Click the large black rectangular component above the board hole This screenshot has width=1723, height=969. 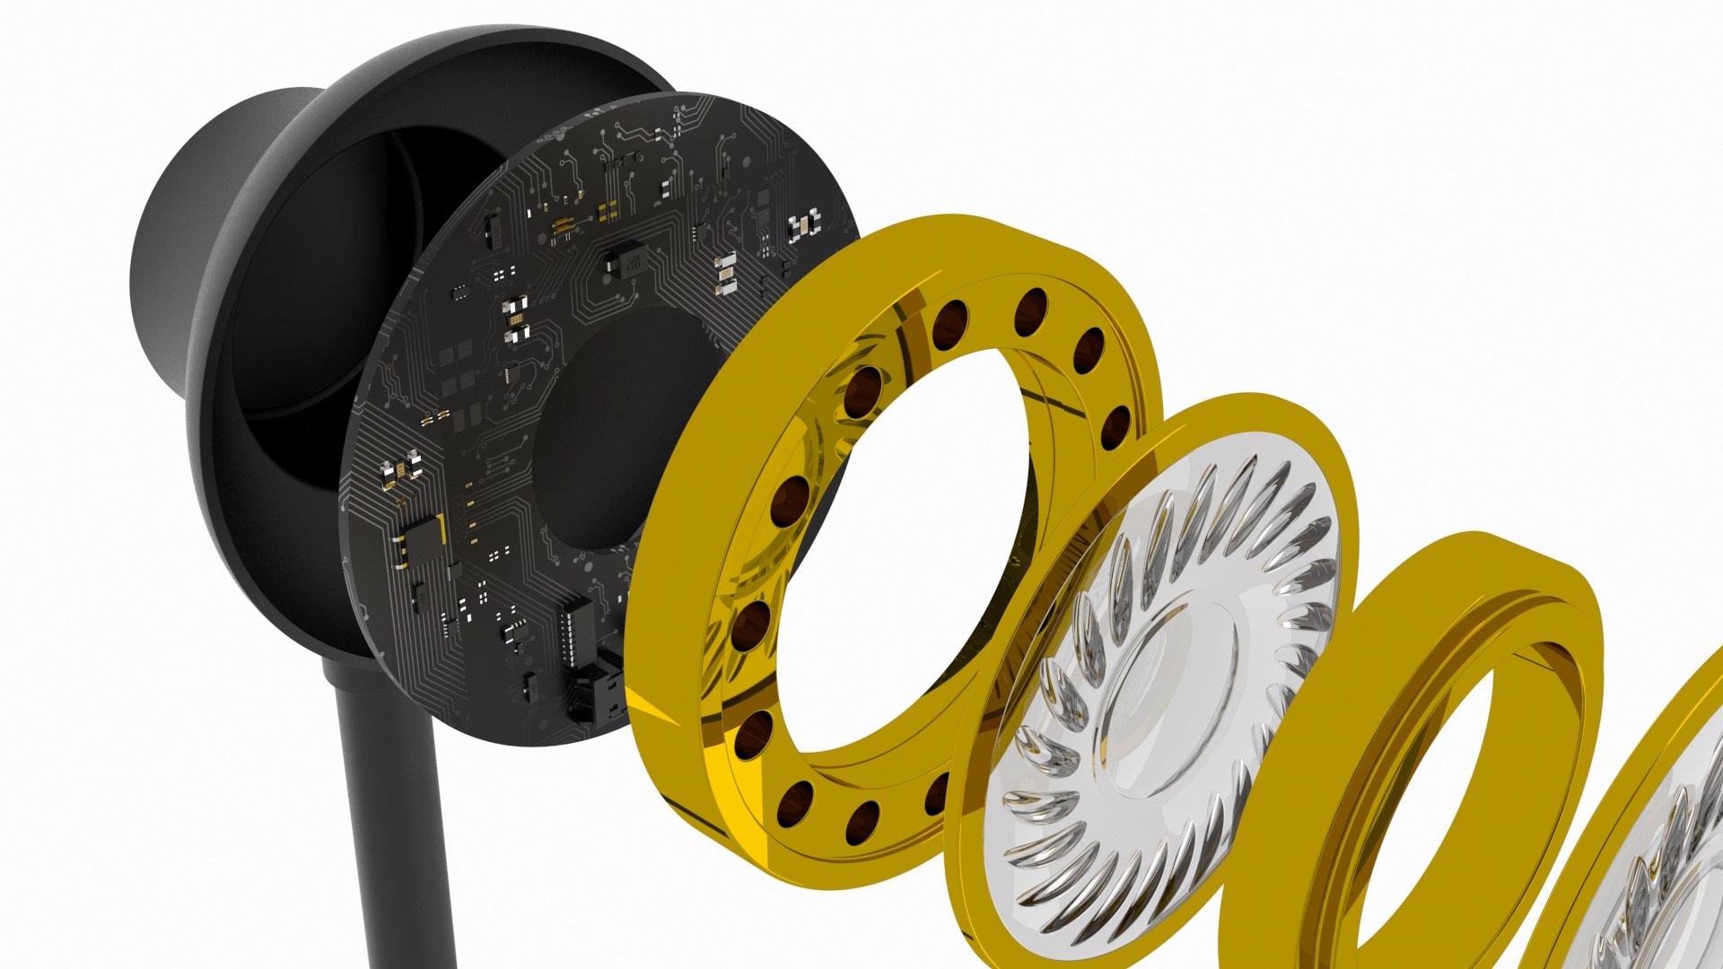(x=625, y=259)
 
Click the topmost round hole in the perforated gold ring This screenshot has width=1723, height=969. (x=1031, y=311)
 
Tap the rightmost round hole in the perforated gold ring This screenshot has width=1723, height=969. (x=1115, y=427)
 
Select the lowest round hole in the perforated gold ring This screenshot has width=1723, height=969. (x=862, y=822)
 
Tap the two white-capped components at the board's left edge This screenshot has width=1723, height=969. (x=400, y=467)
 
